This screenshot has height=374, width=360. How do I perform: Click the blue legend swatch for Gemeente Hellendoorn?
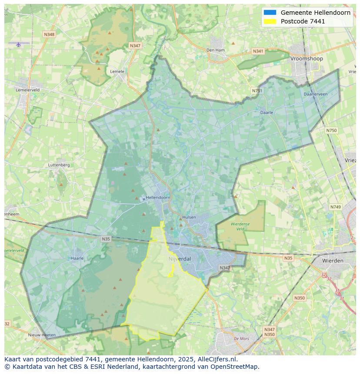[270, 13]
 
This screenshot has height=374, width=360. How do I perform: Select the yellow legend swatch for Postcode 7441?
[270, 21]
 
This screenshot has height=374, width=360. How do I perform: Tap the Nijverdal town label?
[180, 259]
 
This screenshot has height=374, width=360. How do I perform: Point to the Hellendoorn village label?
[158, 197]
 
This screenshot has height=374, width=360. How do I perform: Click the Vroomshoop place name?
[307, 59]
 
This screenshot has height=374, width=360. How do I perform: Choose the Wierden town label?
[333, 261]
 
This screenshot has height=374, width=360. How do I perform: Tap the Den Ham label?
[216, 50]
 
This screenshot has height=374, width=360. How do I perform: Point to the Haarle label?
[77, 258]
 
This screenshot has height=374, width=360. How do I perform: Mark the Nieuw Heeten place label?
[42, 335]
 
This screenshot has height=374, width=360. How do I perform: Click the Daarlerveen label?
[316, 94]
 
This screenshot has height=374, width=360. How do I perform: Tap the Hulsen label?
[189, 217]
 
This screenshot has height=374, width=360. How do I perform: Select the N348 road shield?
[49, 34]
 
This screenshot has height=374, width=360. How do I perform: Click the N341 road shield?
[258, 51]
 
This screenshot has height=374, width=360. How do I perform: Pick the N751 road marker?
[257, 91]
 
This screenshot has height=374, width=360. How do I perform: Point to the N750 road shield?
[331, 130]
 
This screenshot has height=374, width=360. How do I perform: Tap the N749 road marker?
[336, 207]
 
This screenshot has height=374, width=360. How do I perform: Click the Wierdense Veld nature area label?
[240, 226]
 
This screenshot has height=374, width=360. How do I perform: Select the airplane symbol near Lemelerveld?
[18, 44]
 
